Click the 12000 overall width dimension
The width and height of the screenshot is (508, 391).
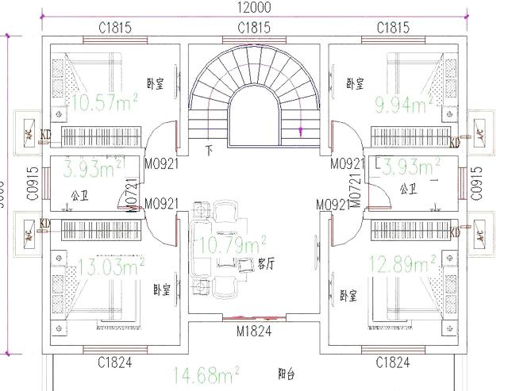pos(254,8)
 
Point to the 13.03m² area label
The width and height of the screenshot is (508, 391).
pos(109,264)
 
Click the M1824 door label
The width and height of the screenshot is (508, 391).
pos(254,332)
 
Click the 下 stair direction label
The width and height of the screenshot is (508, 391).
pos(210,148)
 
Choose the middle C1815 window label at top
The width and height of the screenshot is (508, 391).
pos(254,28)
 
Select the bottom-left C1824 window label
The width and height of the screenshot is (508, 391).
pos(114,363)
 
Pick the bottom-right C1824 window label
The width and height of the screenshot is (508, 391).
pos(394,363)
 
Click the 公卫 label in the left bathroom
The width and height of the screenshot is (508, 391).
pos(79,194)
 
